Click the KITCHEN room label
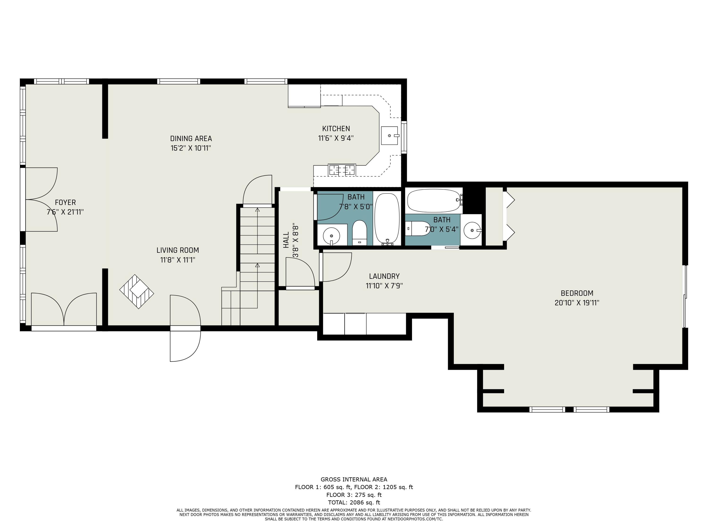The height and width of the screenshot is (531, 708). [x=336, y=129]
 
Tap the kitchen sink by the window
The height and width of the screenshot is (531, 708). [x=389, y=135]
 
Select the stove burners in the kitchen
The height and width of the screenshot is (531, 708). [x=342, y=170]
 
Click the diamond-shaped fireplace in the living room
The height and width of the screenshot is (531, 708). [x=137, y=292]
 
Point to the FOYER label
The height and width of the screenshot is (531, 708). [x=65, y=202]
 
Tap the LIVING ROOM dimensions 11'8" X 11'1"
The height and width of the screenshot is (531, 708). [x=178, y=260]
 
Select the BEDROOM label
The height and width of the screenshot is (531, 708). [x=577, y=293]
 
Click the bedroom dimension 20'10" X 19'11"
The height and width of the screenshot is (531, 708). [x=577, y=303]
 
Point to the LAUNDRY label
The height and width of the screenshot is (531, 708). [x=384, y=276]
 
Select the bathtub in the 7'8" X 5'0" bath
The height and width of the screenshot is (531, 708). [x=387, y=219]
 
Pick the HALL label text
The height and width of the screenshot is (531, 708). [x=286, y=240]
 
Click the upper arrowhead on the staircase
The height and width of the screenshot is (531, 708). [x=257, y=210]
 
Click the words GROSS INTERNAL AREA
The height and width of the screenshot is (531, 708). [x=354, y=479]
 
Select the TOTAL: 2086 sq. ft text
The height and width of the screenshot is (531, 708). [x=354, y=502]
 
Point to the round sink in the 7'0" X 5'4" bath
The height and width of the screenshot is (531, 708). [x=472, y=230]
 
